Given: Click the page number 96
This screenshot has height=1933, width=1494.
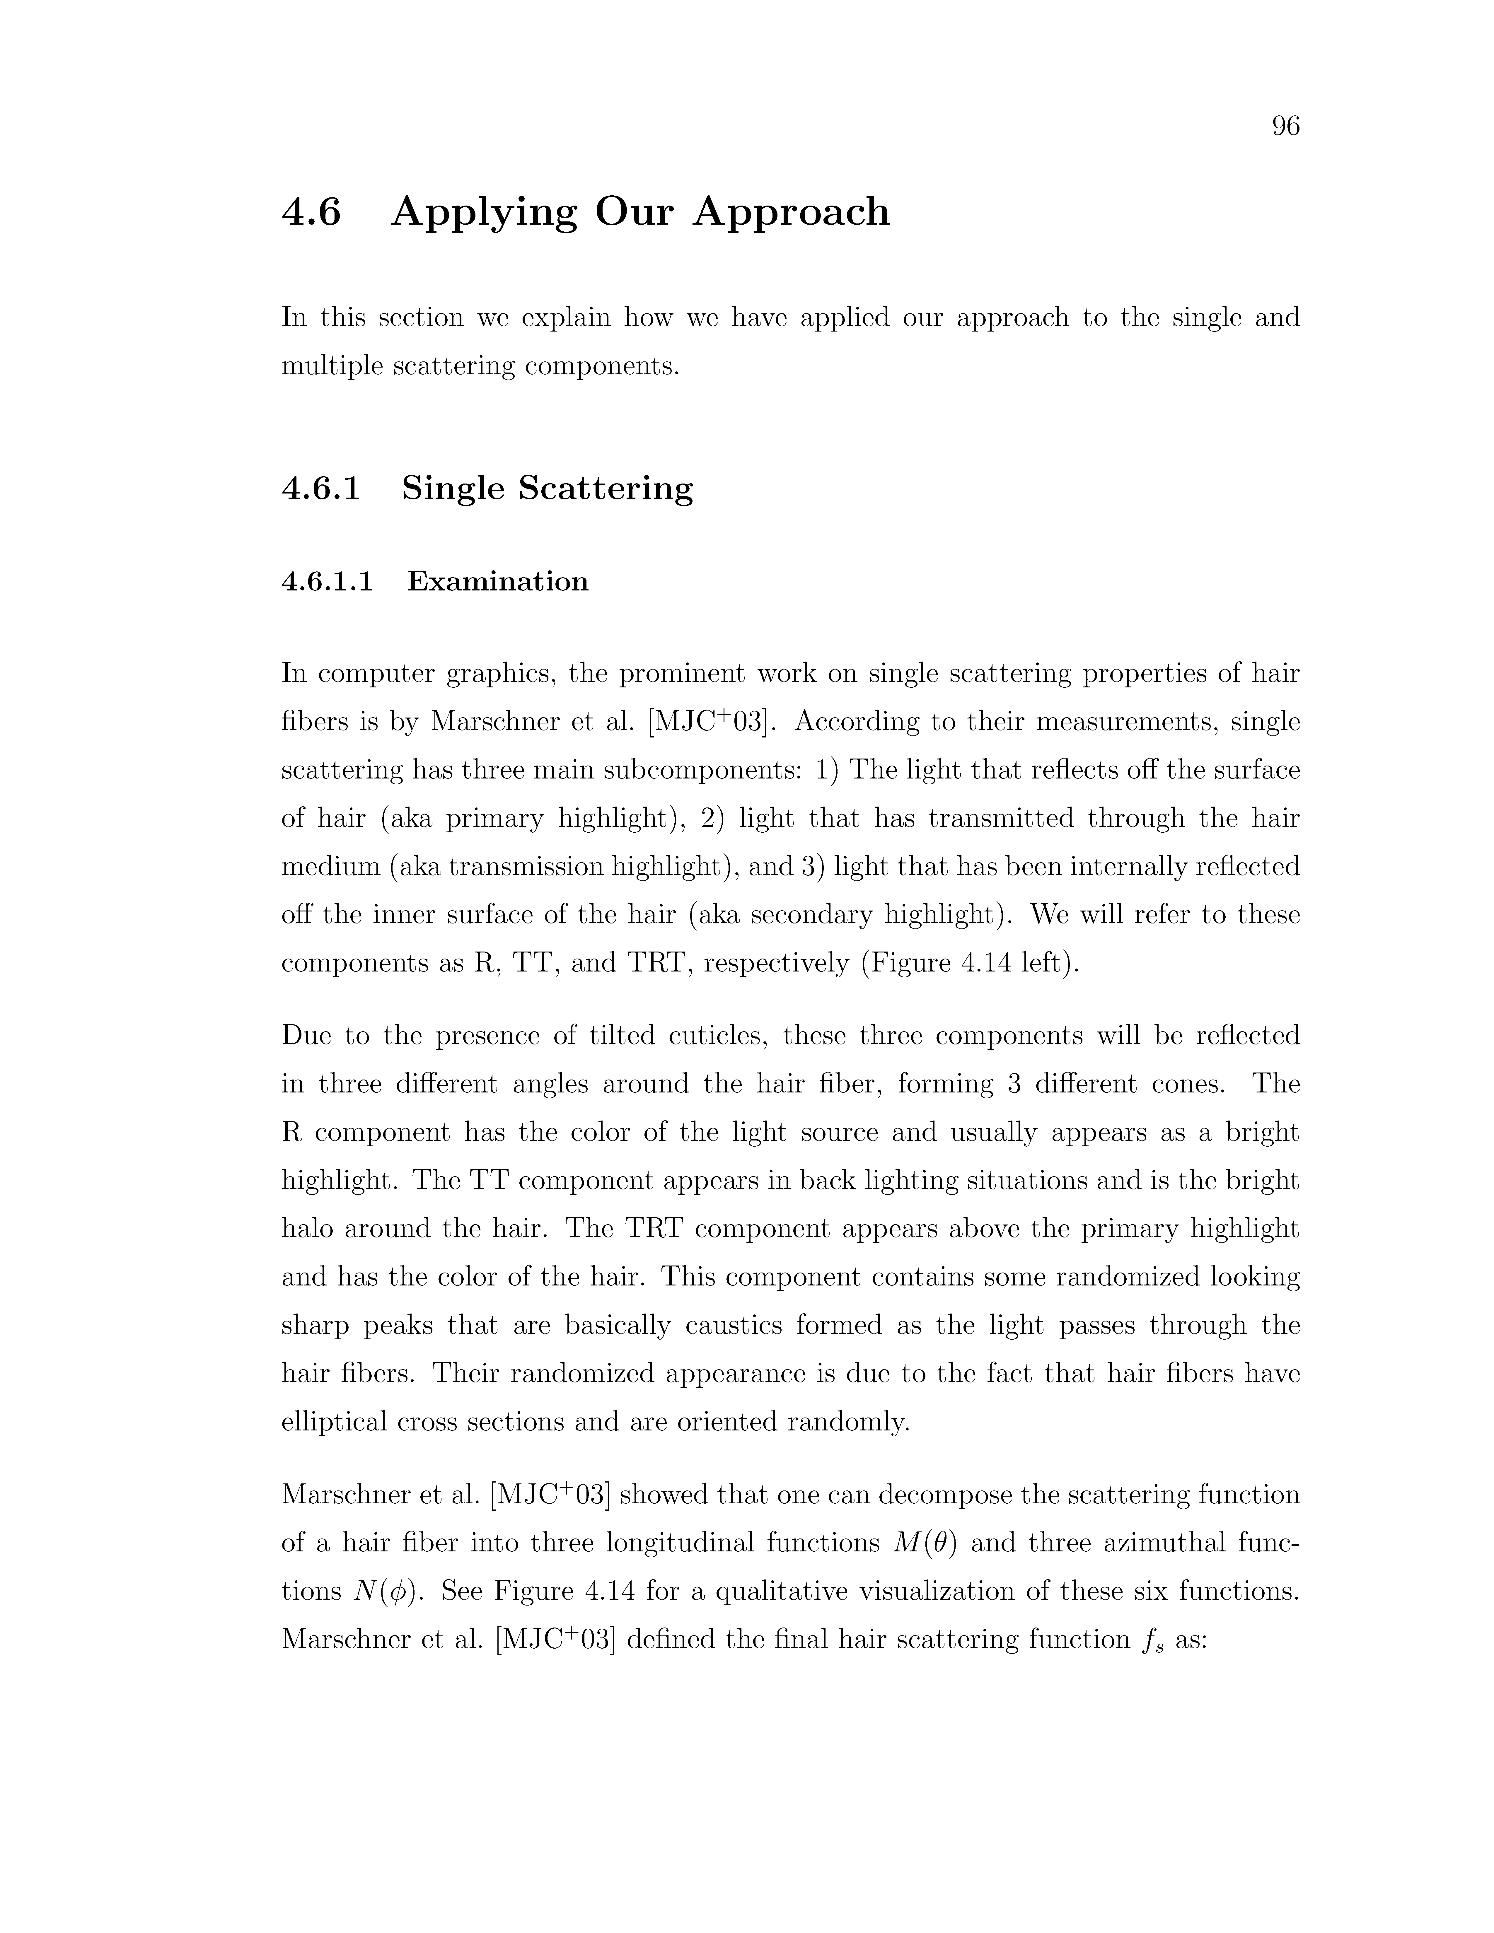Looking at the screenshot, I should (1285, 127).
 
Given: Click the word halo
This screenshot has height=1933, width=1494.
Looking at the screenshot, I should (307, 1229).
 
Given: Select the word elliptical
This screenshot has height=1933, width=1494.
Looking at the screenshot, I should (333, 1421).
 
